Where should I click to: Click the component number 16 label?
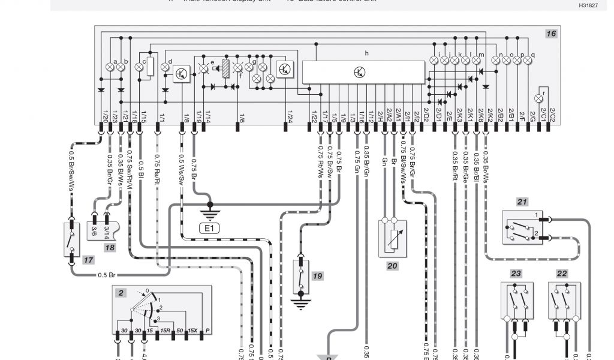click(x=550, y=34)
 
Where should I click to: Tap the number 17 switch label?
click(x=88, y=260)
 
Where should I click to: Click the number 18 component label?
click(x=109, y=247)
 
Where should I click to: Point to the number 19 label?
click(x=317, y=276)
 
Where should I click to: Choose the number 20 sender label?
click(x=392, y=266)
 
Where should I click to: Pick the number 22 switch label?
click(x=562, y=273)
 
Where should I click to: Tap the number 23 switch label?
click(x=516, y=273)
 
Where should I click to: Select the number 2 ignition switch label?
click(x=121, y=293)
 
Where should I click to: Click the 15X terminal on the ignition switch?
click(x=192, y=331)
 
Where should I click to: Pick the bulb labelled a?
click(x=110, y=67)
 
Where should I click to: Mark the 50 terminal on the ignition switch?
click(x=178, y=331)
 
